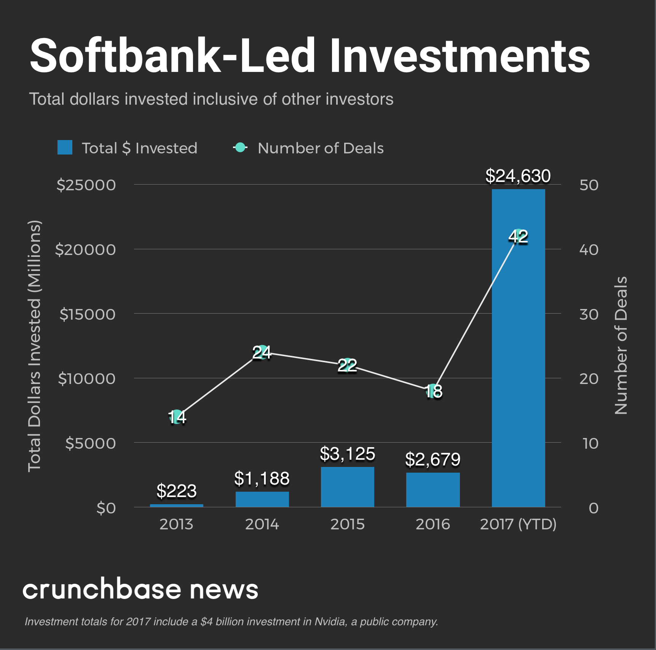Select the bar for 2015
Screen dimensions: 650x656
click(x=347, y=487)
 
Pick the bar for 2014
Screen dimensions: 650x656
click(x=262, y=499)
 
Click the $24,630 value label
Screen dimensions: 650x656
click(x=518, y=176)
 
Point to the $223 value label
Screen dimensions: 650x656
click(x=176, y=491)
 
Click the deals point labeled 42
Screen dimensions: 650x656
click(x=518, y=236)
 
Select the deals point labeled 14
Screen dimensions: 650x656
click(x=177, y=417)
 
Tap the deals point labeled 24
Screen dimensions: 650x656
click(x=262, y=352)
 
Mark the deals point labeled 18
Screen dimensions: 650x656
click(x=433, y=391)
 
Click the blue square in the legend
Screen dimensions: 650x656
click(x=65, y=148)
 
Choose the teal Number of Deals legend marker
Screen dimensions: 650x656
click(x=240, y=147)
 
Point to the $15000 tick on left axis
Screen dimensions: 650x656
click(x=87, y=314)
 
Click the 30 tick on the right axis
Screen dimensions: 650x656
click(x=589, y=314)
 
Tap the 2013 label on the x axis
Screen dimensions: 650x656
click(x=176, y=524)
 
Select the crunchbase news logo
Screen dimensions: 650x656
click(x=140, y=589)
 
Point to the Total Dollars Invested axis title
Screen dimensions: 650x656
click(x=34, y=346)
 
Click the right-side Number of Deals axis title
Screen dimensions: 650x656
click(x=621, y=346)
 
